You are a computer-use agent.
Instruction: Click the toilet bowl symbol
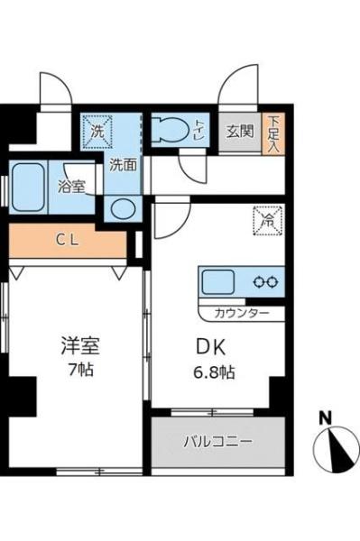point(171,131)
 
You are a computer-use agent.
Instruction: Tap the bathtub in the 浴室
point(28,187)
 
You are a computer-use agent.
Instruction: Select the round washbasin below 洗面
point(123,209)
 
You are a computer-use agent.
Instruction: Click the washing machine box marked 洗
point(97,132)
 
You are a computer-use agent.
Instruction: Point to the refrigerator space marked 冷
point(269,221)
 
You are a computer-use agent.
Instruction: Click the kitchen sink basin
point(218,281)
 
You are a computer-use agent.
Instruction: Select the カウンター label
point(242,313)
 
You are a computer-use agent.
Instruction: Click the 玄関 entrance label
point(240,131)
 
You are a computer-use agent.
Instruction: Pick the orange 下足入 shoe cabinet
point(273,133)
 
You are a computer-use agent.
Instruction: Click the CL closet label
point(68,240)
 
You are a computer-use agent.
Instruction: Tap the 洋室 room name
point(80,345)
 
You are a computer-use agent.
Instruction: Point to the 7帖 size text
point(81,370)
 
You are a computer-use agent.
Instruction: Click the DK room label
point(210,347)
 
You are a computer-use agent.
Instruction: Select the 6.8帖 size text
point(214,372)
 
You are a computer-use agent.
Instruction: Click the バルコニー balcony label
point(218,442)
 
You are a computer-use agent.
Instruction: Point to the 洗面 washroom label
point(124,165)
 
